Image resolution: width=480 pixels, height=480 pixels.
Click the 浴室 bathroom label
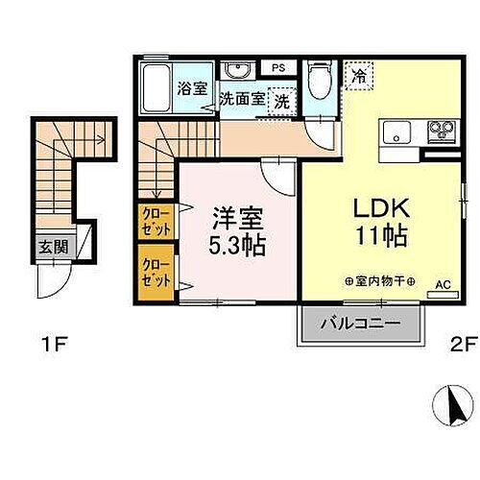[x=190, y=88]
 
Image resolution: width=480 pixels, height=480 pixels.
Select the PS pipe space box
[x=278, y=67]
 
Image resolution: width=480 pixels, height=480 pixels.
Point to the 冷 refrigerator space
[x=359, y=73]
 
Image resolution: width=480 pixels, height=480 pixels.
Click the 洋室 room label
[x=235, y=218]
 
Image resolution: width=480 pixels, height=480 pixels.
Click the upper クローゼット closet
[x=154, y=222]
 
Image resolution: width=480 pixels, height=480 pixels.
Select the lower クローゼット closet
[x=154, y=273]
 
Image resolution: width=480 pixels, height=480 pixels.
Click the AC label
[x=443, y=285]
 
